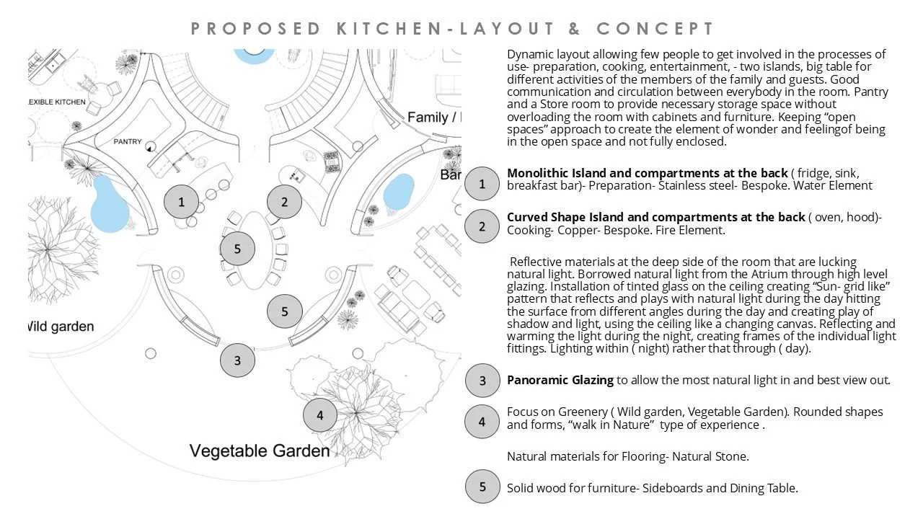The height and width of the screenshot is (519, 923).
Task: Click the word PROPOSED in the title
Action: (256, 29)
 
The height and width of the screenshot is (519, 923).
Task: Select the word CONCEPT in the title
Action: (655, 29)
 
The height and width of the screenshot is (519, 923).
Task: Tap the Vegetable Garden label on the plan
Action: (260, 451)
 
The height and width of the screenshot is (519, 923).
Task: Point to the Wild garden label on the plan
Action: (61, 327)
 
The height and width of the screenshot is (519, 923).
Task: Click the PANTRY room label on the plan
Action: (128, 142)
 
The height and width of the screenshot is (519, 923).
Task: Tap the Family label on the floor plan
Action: (430, 117)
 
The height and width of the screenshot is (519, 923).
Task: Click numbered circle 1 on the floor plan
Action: (181, 202)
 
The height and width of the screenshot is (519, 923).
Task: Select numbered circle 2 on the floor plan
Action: (284, 202)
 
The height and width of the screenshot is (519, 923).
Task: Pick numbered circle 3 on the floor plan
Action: (237, 360)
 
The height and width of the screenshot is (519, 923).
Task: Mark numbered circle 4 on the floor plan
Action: (320, 414)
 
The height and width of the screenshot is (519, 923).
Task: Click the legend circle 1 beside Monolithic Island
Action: (482, 184)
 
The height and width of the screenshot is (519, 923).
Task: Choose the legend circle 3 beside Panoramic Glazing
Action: (482, 381)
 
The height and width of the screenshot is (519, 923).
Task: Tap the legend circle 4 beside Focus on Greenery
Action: (482, 422)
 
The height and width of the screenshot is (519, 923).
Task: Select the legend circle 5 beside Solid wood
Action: (482, 487)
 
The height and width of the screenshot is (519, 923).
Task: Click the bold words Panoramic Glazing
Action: (560, 380)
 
